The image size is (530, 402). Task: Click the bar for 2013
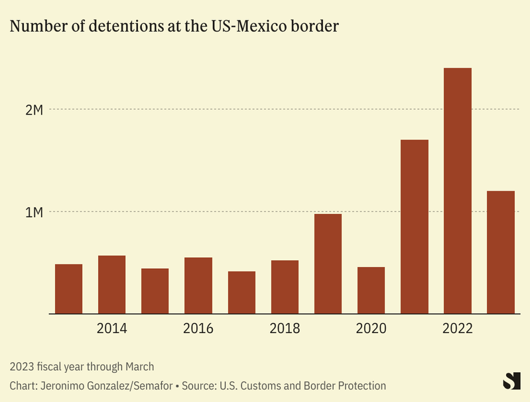coord(68,289)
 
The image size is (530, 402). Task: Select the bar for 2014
coord(111,285)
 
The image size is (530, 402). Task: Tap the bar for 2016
coord(198,285)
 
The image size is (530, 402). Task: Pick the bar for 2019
coord(328,264)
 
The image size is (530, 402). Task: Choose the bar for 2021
coord(415,226)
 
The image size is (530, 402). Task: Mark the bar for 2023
coord(501,252)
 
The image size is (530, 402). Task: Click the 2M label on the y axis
coord(34,110)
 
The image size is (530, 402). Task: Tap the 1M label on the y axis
coord(34,213)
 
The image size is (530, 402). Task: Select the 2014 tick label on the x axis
coord(111,329)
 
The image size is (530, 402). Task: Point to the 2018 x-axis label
coord(285,329)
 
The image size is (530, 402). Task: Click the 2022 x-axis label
coord(458,329)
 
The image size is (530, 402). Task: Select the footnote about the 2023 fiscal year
coord(82,366)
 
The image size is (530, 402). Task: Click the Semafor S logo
coord(511,381)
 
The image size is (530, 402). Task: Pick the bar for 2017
coord(241,293)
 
